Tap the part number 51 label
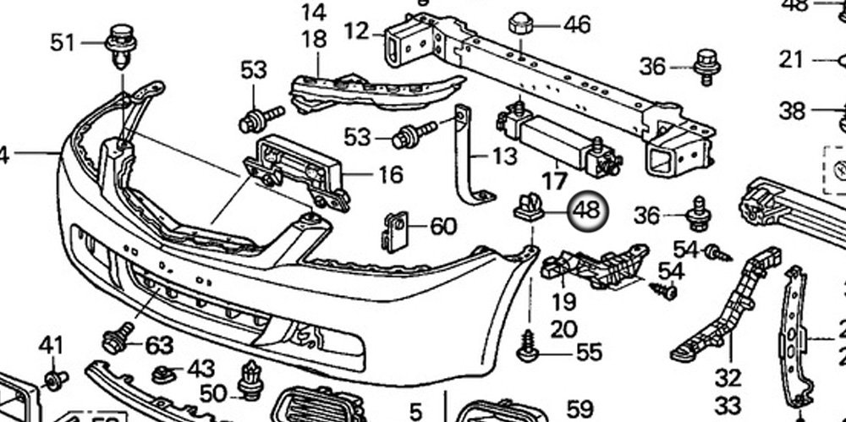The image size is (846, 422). tap(63, 42)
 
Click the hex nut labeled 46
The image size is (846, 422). tap(522, 25)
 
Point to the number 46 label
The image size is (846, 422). tap(577, 25)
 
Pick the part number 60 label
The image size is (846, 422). tap(442, 227)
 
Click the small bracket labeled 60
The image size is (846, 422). tap(394, 230)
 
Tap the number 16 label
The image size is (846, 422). tap(390, 175)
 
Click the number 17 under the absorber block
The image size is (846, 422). tap(554, 180)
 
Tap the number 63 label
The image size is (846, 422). tap(159, 345)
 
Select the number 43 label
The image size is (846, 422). tap(201, 369)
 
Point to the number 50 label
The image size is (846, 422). tap(213, 392)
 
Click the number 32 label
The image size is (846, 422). tap(727, 377)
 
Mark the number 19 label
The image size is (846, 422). tap(564, 301)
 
